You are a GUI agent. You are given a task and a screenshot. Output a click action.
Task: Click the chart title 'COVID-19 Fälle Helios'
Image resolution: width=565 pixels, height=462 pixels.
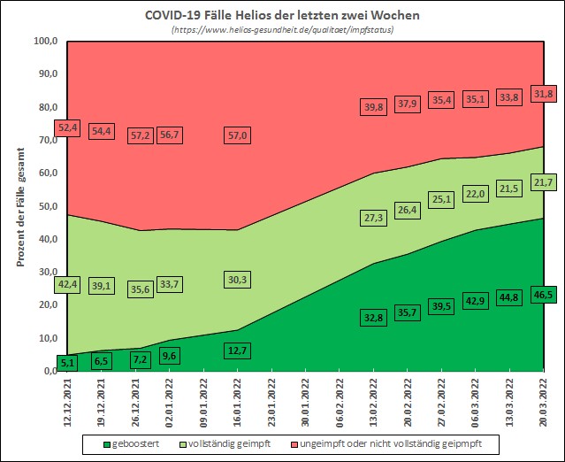[x=283, y=15]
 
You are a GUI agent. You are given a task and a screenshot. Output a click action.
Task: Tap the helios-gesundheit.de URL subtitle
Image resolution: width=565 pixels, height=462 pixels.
[x=283, y=30]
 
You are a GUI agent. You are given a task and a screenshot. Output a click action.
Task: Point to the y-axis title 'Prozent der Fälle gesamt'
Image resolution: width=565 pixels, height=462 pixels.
[x=21, y=206]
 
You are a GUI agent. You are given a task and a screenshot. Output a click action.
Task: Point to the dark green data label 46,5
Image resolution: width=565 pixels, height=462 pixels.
[x=542, y=293]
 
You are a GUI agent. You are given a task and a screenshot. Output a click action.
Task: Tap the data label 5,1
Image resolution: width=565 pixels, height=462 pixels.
[x=68, y=361]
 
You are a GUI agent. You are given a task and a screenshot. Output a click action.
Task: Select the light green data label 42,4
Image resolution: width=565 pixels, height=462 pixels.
[x=68, y=284]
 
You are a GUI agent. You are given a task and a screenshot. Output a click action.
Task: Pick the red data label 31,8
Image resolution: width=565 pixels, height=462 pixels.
[x=542, y=94]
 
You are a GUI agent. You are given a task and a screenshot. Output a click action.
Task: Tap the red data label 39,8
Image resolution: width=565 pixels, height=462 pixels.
[x=374, y=107]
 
